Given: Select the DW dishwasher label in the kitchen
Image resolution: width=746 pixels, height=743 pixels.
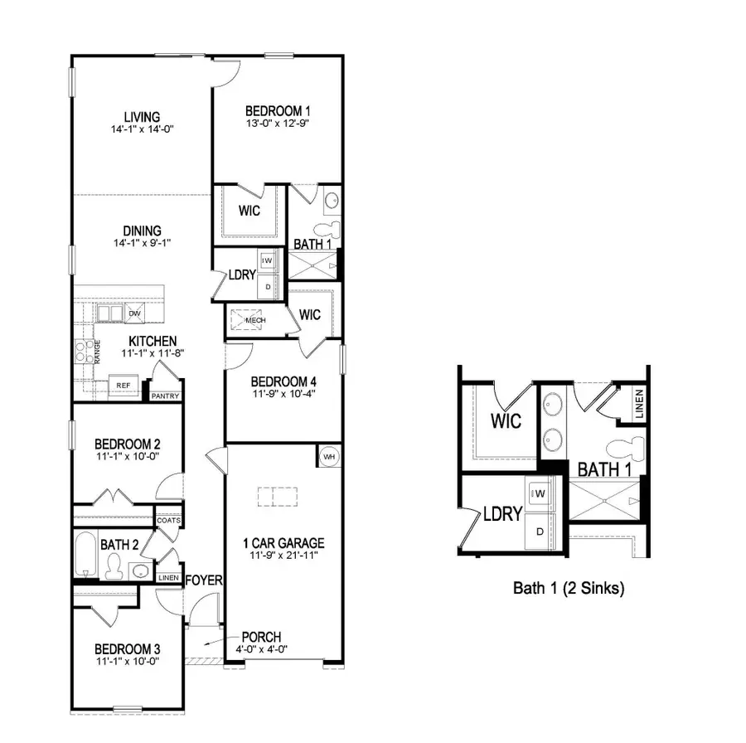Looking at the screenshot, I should click(x=134, y=313).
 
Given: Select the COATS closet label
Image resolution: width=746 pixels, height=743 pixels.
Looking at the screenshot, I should click(x=170, y=521).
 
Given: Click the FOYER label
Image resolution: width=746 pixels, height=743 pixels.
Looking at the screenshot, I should click(x=204, y=580).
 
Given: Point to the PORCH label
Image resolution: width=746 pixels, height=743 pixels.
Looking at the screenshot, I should click(x=260, y=637).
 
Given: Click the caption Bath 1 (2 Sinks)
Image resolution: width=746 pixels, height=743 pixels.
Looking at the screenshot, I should click(x=569, y=589).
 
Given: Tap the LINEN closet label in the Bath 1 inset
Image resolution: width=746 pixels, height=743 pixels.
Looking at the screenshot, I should click(x=639, y=404).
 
